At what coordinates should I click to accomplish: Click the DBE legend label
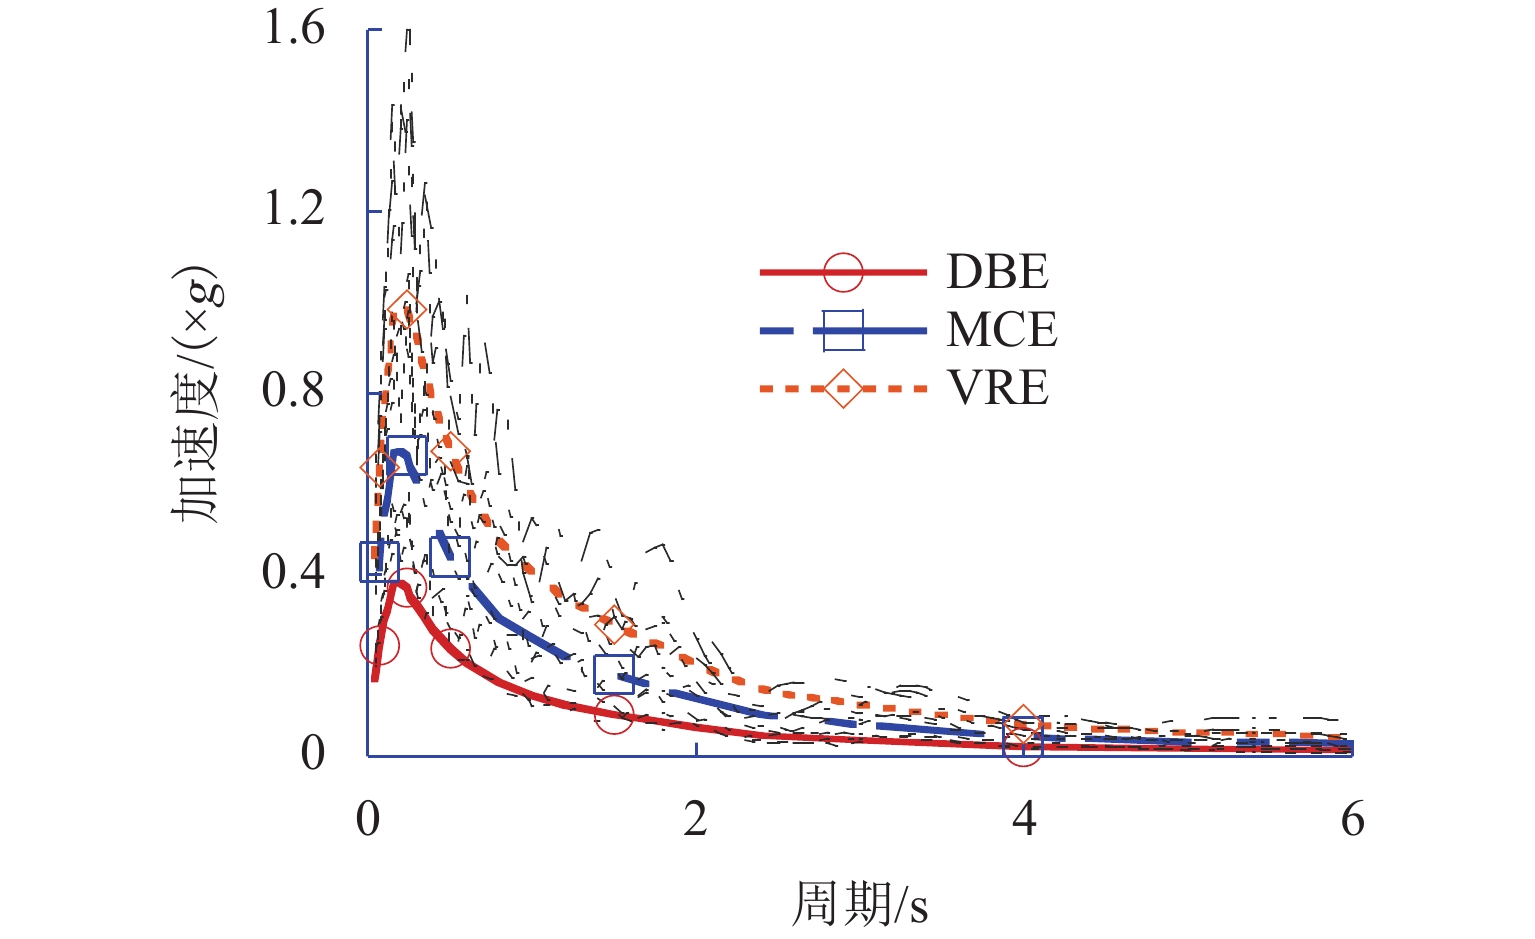pyautogui.click(x=997, y=272)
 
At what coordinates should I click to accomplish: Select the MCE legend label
pyautogui.click(x=1001, y=330)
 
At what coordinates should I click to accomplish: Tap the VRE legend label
pyautogui.click(x=998, y=388)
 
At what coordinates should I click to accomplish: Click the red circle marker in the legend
pyautogui.click(x=843, y=272)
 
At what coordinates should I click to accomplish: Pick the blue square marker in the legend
pyautogui.click(x=843, y=330)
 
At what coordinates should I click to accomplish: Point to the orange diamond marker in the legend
pyautogui.click(x=843, y=388)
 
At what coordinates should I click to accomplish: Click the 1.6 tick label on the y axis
pyautogui.click(x=294, y=28)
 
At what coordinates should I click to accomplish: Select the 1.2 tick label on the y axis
pyautogui.click(x=294, y=209)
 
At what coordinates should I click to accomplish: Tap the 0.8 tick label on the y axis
pyautogui.click(x=294, y=390)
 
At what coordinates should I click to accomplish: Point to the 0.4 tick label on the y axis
pyautogui.click(x=294, y=572)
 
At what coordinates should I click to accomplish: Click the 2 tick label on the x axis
pyautogui.click(x=695, y=820)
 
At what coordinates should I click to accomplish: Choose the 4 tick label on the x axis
pyautogui.click(x=1023, y=820)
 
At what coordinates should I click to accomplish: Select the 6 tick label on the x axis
pyautogui.click(x=1352, y=820)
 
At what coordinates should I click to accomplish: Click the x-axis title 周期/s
pyautogui.click(x=860, y=905)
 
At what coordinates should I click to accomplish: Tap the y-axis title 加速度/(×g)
pyautogui.click(x=194, y=394)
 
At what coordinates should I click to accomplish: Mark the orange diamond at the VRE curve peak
pyautogui.click(x=405, y=310)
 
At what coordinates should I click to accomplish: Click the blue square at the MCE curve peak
pyautogui.click(x=406, y=455)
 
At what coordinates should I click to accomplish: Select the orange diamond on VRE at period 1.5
pyautogui.click(x=614, y=624)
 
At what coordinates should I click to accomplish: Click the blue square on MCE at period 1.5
pyautogui.click(x=614, y=674)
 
